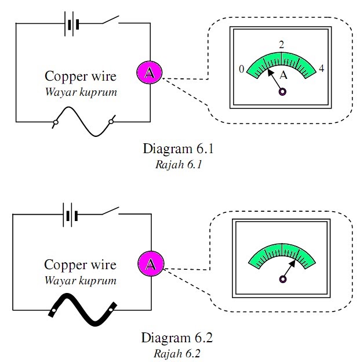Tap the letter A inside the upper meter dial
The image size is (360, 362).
(283, 75)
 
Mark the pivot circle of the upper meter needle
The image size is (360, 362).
(282, 91)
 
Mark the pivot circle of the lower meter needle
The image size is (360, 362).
(282, 279)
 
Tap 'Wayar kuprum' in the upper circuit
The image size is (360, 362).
(81, 91)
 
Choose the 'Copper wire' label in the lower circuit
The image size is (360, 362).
(81, 266)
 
